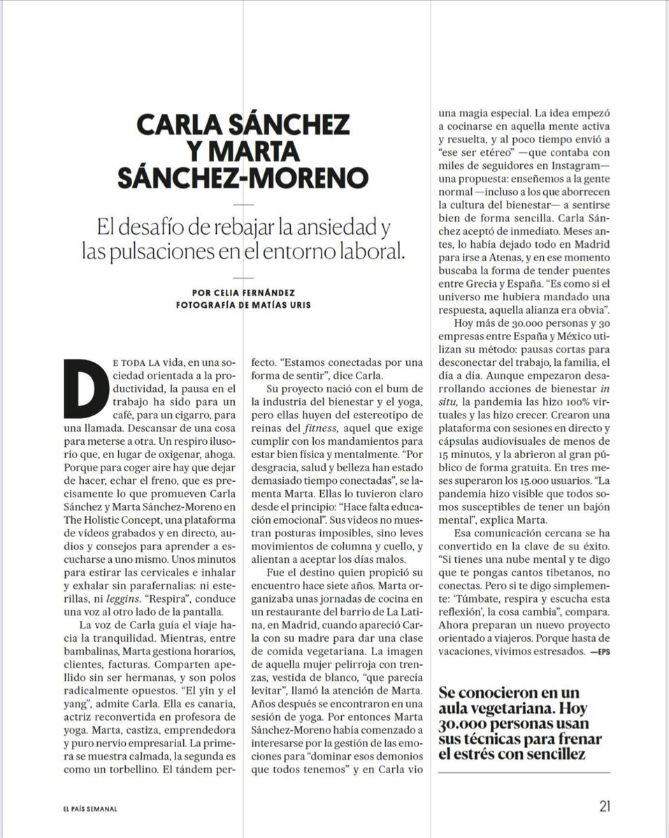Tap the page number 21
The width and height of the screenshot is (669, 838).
(605, 806)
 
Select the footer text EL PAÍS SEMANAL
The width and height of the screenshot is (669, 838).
(89, 809)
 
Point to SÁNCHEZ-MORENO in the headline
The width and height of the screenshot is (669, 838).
(243, 177)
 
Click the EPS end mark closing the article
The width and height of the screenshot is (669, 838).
(600, 652)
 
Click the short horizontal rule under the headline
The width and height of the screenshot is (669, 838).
(243, 203)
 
